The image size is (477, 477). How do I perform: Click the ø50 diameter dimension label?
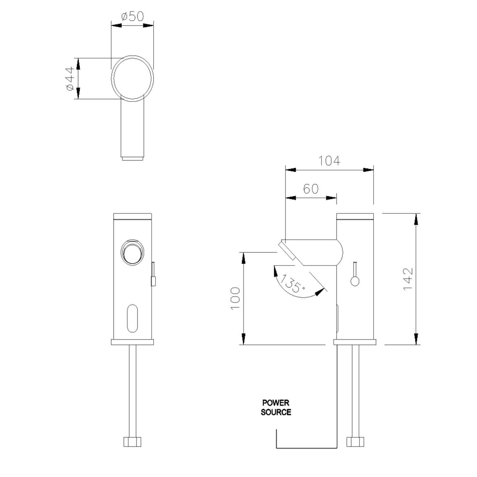tap(132, 16)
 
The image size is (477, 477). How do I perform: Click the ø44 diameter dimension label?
tap(70, 79)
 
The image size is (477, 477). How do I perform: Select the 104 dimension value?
tap(329, 161)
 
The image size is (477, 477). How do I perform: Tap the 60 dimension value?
tap(311, 189)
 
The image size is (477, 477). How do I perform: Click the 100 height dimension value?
tap(235, 299)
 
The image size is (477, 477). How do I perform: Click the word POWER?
tap(276, 403)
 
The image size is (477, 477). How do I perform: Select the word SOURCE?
tap(276, 412)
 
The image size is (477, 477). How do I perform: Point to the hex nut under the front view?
tap(132, 442)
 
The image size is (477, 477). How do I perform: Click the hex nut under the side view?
tap(355, 442)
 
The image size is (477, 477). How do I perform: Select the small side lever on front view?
tap(153, 274)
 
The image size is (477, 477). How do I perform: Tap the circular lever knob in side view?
tap(355, 281)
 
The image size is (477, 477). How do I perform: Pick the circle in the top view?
tap(132, 78)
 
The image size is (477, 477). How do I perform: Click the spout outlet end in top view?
tap(132, 158)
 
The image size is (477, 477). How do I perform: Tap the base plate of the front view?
tap(132, 342)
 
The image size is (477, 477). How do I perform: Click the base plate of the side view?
tap(355, 342)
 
